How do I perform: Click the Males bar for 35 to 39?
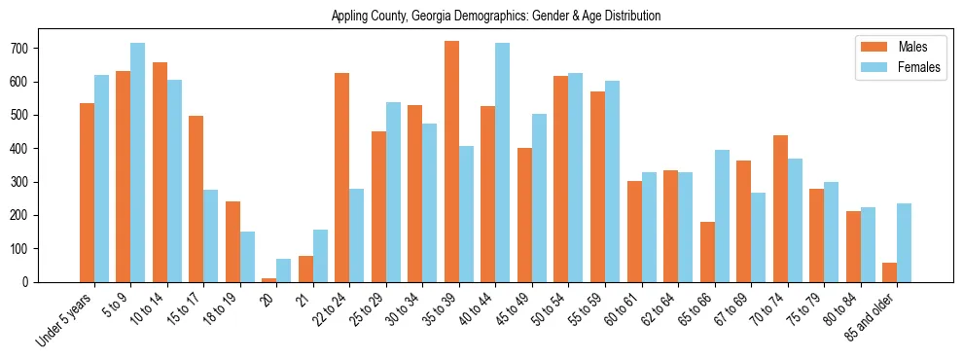451,162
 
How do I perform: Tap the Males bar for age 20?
269,280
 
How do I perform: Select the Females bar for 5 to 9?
138,162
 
